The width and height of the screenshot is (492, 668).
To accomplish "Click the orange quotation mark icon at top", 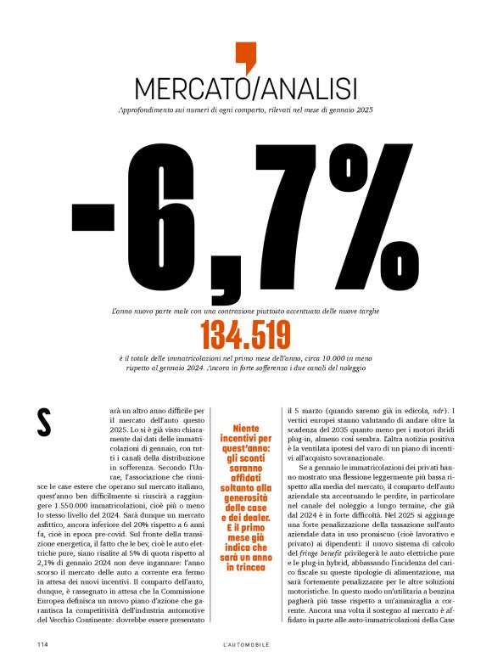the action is pyautogui.click(x=245, y=56).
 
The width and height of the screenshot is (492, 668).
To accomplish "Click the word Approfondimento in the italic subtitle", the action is pyautogui.click(x=152, y=109).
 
